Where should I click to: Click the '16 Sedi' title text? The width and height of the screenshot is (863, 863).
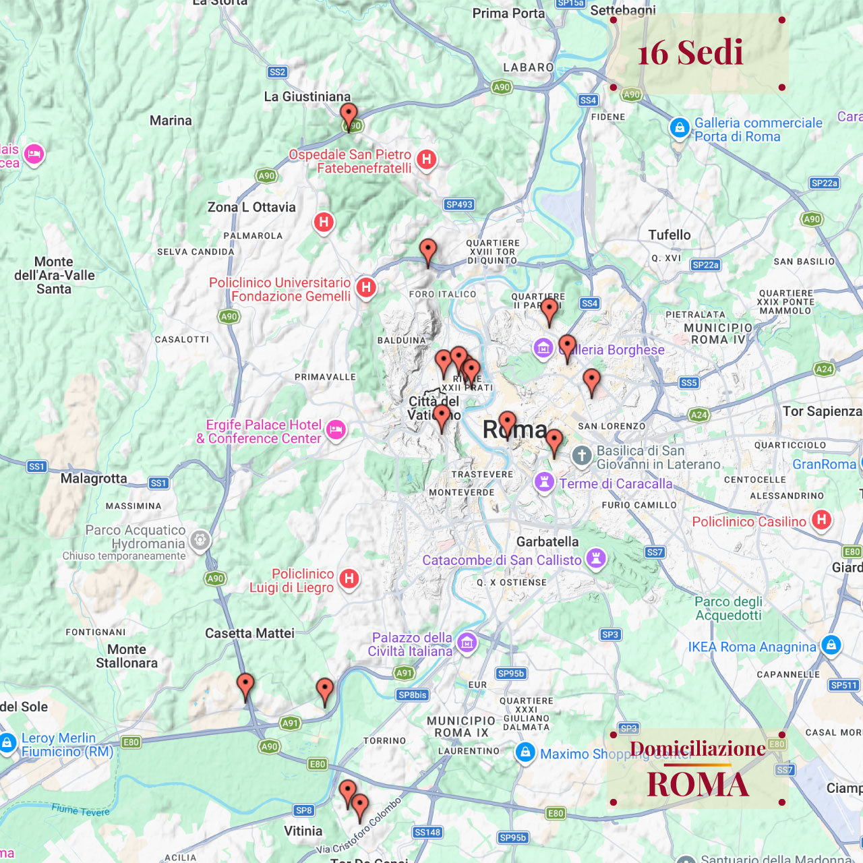690,53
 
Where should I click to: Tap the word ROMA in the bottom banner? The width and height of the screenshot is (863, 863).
698,784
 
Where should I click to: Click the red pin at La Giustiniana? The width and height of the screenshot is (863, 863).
349,116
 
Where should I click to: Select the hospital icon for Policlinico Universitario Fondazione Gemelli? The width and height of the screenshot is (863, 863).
366,287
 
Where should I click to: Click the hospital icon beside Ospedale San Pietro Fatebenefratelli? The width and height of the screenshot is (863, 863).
426,160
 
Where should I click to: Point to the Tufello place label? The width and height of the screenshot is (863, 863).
669,235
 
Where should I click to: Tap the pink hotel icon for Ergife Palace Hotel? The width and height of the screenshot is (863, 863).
336,430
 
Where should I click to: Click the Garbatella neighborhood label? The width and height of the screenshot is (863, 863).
547,541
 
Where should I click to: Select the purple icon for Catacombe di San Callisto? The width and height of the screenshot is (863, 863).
595,558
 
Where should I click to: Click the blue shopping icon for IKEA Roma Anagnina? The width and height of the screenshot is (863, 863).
831,645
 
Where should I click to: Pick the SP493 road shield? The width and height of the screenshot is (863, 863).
459,204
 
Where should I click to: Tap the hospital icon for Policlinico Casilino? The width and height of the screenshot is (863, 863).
821,520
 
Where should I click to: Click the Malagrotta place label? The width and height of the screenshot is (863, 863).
94,478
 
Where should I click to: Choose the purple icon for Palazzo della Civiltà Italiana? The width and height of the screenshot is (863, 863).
467,643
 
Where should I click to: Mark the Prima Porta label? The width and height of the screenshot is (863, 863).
508,13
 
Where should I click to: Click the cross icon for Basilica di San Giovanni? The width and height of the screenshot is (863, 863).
582,456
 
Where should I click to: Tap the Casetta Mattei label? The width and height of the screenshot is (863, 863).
249,633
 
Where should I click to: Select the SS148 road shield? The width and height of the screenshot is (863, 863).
427,832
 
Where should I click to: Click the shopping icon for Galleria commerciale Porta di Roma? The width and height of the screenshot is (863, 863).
680,127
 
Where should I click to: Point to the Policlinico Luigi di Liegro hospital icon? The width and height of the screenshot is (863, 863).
349,578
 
